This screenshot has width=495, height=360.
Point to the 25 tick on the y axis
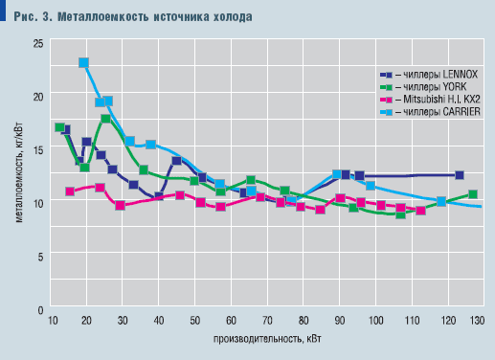tap(37, 43)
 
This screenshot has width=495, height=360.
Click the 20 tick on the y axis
tap(37, 97)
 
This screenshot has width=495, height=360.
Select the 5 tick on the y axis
tap(39, 257)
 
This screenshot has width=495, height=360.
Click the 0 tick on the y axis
tap(39, 310)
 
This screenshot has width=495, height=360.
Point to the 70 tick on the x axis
tap(266, 321)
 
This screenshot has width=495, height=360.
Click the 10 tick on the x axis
tap(51, 321)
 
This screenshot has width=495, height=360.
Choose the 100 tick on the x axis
tap(374, 321)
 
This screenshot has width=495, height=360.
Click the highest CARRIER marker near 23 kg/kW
tap(84, 63)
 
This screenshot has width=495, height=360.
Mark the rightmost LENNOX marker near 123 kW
tap(460, 175)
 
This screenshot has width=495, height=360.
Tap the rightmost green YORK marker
tap(473, 195)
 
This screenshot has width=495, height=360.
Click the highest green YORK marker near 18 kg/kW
tap(105, 120)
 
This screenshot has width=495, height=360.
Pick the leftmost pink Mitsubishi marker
tap(70, 191)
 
